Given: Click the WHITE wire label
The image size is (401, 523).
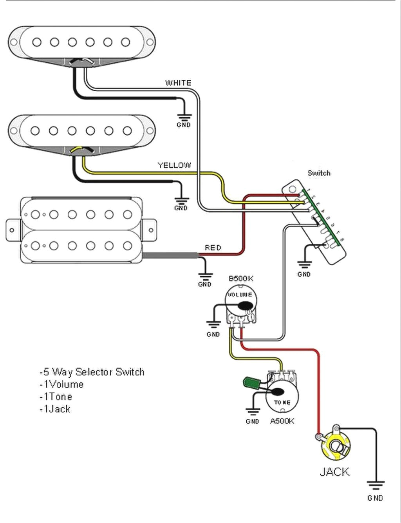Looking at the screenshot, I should pyautogui.click(x=178, y=83).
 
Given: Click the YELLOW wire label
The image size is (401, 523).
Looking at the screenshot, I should pyautogui.click(x=174, y=165).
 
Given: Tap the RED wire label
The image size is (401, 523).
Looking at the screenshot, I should pyautogui.click(x=213, y=248).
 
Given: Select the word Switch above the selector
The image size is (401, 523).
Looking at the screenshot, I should pyautogui.click(x=318, y=173).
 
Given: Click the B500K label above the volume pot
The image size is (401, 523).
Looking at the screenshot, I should pyautogui.click(x=241, y=279).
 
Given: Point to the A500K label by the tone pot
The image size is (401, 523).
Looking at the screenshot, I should pyautogui.click(x=282, y=421).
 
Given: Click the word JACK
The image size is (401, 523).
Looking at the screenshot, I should pyautogui.click(x=334, y=471).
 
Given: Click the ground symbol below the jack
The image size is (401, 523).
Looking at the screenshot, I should pyautogui.click(x=375, y=486).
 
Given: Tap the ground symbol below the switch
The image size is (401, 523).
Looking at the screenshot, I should pyautogui.click(x=304, y=264).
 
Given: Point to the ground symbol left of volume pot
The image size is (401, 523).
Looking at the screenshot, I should pyautogui.click(x=213, y=324).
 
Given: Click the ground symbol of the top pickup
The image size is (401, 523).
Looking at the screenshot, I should pyautogui.click(x=183, y=116).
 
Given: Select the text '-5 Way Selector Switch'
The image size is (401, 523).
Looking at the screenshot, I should pyautogui.click(x=92, y=371).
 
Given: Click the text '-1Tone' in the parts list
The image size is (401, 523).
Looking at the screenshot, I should pyautogui.click(x=56, y=396).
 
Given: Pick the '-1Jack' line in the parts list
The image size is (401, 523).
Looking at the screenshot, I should pyautogui.click(x=55, y=409).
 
